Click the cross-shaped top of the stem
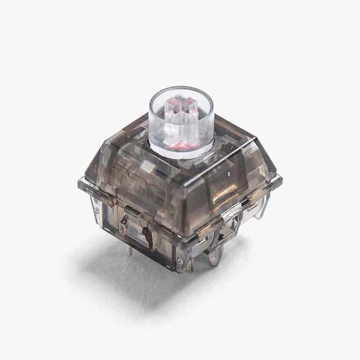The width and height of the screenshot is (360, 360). [x=182, y=106]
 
